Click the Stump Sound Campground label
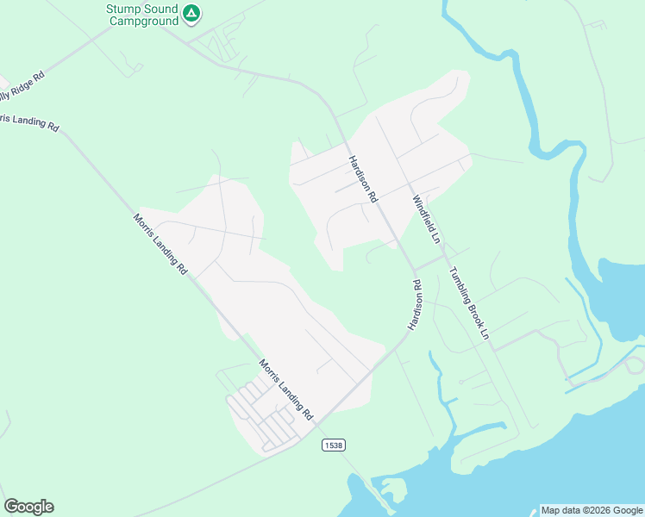pos(142,14)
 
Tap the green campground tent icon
pos(191,14)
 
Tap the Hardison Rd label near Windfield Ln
pos(362,178)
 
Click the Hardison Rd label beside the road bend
pos(415,304)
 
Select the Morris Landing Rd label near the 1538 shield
pos(285,390)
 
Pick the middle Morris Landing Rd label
pos(160,244)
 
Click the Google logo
pos(28,507)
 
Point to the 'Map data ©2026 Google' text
pos(592,510)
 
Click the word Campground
pos(142,20)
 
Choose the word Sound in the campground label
pos(161,8)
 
